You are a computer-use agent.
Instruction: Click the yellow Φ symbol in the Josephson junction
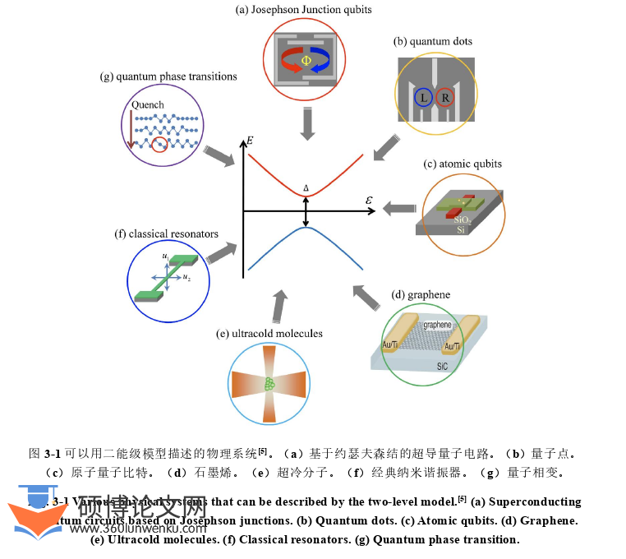(x=306, y=60)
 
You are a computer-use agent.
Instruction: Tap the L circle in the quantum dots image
(x=423, y=98)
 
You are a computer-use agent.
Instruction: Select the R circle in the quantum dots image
(x=445, y=98)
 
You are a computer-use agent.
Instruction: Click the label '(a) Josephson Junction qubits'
(x=303, y=10)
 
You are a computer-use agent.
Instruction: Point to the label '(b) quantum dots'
(x=433, y=41)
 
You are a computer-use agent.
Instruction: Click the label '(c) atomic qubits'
(x=462, y=164)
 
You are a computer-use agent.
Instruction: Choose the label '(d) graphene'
(x=421, y=294)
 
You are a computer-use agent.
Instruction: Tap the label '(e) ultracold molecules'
(x=269, y=333)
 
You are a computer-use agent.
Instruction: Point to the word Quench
(x=148, y=104)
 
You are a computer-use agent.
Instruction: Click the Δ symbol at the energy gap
(x=306, y=188)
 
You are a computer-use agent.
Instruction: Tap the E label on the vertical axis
(x=250, y=141)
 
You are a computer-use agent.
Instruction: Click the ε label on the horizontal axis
(x=369, y=200)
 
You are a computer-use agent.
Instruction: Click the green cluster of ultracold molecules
(x=269, y=383)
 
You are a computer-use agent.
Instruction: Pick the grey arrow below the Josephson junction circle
(x=308, y=124)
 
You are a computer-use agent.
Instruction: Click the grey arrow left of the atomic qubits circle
(x=400, y=209)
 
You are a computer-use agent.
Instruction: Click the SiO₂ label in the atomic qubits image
(x=462, y=219)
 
